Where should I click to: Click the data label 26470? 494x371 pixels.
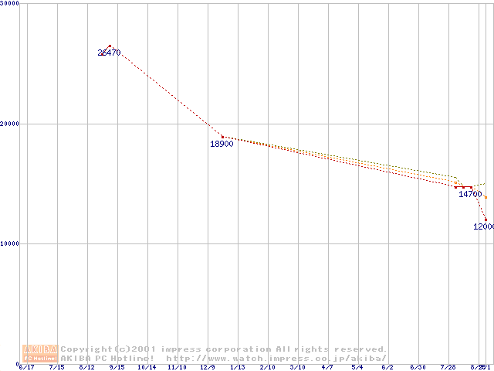pos(109,53)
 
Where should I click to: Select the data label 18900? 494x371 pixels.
pos(222,144)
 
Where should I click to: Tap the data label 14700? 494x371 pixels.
pos(470,194)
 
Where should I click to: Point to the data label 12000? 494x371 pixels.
pos(484,226)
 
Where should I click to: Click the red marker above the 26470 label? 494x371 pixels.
pos(110,46)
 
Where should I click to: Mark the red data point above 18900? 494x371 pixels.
pos(222,137)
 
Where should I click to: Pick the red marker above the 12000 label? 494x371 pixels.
pos(486,220)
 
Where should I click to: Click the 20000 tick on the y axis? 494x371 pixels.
pos(10,124)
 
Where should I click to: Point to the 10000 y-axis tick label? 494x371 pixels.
pos(10,243)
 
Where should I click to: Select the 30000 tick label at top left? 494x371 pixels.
pos(10,4)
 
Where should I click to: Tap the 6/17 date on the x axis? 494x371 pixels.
pos(26,367)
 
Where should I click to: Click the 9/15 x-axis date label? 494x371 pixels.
pos(117,367)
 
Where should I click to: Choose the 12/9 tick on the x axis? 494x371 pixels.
pos(207,367)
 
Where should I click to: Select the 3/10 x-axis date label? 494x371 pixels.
pos(297,367)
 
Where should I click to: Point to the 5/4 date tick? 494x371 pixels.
pos(357,367)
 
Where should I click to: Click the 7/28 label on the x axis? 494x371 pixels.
pos(448,367)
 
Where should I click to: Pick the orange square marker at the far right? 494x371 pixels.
pos(486,197)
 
